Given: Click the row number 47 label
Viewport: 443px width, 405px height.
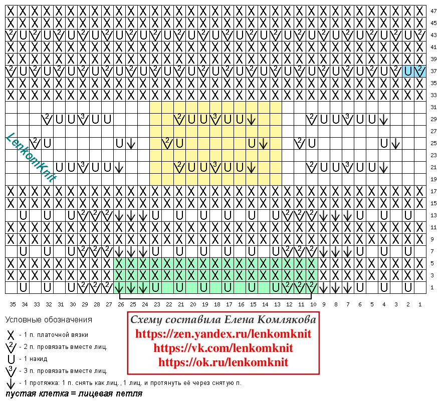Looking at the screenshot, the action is click(433, 12).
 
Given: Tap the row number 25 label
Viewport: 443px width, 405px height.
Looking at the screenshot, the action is click(433, 143).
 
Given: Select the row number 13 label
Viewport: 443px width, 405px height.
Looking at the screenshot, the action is click(433, 215).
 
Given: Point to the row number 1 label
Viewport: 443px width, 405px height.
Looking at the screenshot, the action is click(432, 287).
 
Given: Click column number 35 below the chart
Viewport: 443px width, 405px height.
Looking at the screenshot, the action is click(13, 304).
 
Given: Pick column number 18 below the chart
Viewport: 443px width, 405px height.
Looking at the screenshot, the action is click(217, 304).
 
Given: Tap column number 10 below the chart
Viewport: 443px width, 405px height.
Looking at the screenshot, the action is click(313, 304).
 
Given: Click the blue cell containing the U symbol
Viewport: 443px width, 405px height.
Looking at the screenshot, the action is click(408, 71).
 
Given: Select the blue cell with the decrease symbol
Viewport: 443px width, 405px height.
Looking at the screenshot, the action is click(420, 71).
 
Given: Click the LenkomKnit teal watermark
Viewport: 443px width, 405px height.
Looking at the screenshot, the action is click(31, 158).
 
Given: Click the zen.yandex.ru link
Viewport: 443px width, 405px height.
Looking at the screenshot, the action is click(223, 333).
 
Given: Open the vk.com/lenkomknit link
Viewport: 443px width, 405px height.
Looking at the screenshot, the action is click(223, 348).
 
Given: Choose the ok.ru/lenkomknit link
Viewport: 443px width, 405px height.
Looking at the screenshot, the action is click(223, 362).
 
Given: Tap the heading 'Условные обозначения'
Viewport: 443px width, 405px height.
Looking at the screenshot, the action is click(49, 320).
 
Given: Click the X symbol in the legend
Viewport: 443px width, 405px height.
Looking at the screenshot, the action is click(11, 335).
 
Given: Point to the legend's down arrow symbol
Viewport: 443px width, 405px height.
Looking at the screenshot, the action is click(11, 383).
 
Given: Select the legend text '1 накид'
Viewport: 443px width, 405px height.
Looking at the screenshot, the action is click(36, 359).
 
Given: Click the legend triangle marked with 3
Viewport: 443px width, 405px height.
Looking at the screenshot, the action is click(11, 371).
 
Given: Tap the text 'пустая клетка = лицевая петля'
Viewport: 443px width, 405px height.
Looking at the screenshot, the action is click(74, 393).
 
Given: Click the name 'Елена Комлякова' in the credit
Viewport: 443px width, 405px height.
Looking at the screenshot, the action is click(271, 319).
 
